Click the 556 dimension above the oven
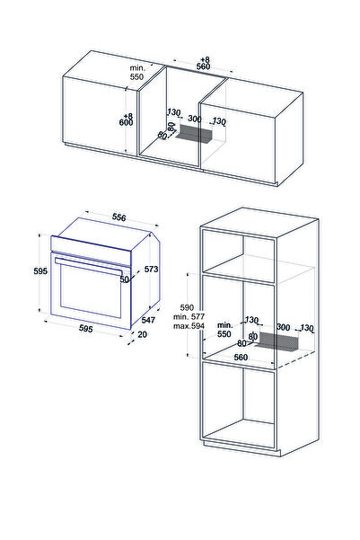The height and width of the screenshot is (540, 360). tap(119, 217)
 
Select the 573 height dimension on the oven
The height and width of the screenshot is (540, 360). tap(151, 269)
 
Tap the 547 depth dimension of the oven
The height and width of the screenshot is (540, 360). tap(148, 320)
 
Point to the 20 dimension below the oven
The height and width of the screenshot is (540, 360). tap(142, 334)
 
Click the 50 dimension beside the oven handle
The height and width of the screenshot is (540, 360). tap(124, 279)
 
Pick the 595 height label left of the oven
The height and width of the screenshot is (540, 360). tap(40, 271)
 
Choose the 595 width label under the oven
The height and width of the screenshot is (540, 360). tap(85, 329)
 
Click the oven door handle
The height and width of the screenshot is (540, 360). tap(89, 266)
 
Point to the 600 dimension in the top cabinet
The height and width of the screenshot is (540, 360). tap(126, 122)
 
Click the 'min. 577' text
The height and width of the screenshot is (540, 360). tap(189, 316)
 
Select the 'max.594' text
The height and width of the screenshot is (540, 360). tap(189, 326)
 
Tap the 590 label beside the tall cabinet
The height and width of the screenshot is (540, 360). tap(187, 307)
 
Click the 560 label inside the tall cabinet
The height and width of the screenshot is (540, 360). tap(241, 357)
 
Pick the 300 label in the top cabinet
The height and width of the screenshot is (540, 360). tap(195, 120)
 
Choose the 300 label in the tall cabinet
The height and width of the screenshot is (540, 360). tap(284, 327)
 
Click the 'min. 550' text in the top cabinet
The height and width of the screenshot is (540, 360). tap(137, 72)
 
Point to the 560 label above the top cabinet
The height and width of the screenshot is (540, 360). tap(203, 66)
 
